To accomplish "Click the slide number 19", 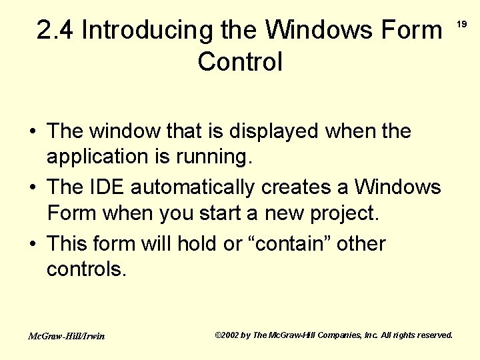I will point(461,25).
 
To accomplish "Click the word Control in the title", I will point(240,62).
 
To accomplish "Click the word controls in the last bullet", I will point(85,271).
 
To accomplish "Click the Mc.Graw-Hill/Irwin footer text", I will point(66,336).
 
